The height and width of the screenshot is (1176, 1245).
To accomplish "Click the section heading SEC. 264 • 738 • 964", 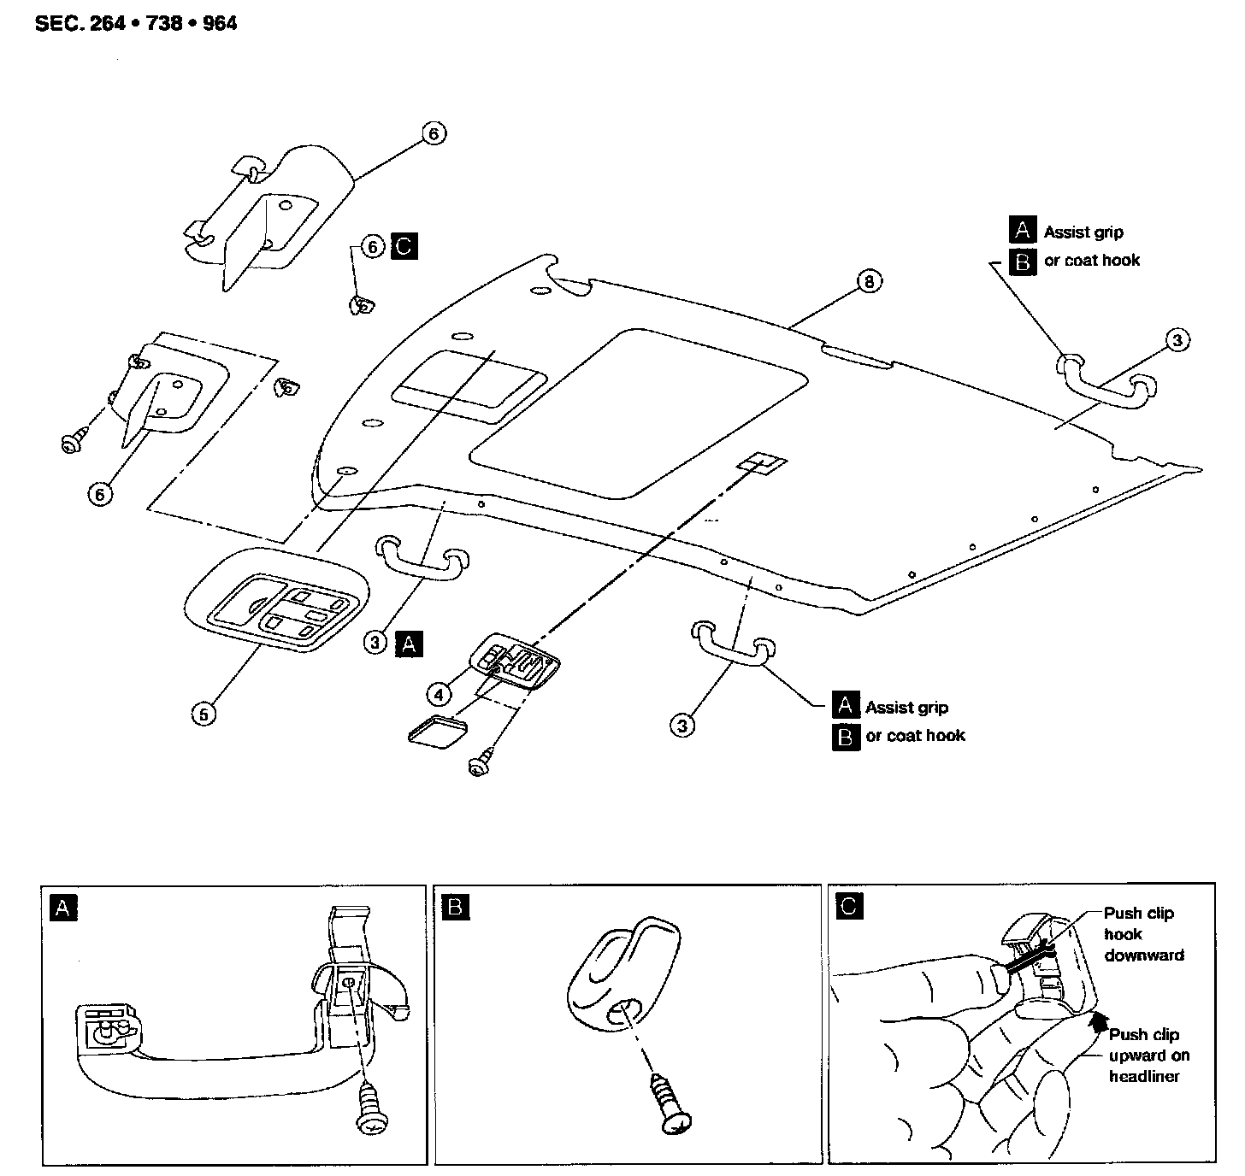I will tap(136, 23).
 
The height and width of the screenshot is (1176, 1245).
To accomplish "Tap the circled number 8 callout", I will tap(869, 280).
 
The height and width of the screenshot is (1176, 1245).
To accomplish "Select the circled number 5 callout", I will tap(203, 714).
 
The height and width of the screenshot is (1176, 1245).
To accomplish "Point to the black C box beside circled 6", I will tap(404, 247).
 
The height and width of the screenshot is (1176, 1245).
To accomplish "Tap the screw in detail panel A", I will tap(370, 1111).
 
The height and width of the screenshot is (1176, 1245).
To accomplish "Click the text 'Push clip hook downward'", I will tap(1142, 934).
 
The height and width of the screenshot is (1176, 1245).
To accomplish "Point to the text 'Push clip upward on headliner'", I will tap(1148, 1055).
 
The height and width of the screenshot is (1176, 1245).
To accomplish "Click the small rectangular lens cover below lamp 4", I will tap(438, 731).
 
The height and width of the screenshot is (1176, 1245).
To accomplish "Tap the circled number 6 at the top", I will tap(434, 133).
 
